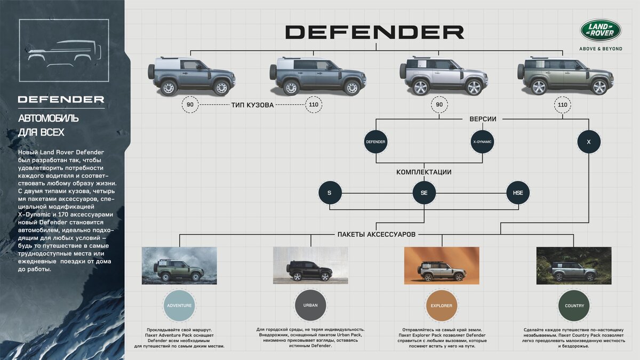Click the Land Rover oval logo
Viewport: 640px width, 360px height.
[601, 30]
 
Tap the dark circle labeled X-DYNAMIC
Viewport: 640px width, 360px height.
[482, 142]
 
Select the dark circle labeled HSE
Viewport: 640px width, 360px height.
[518, 193]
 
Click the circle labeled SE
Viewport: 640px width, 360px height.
[424, 193]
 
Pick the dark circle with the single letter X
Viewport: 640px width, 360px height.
[589, 142]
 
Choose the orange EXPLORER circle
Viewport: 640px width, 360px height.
[441, 306]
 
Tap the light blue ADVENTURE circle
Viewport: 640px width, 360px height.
[179, 306]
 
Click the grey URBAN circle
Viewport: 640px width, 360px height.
[310, 306]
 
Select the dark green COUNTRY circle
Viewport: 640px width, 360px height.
[574, 306]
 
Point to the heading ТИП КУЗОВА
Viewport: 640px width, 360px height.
[252, 105]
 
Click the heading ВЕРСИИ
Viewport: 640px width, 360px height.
[483, 119]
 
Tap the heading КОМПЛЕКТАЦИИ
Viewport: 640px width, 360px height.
[424, 172]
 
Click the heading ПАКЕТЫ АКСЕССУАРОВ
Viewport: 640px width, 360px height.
[377, 234]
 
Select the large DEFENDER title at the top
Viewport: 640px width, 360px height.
[374, 32]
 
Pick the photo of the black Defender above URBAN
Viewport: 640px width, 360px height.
[310, 265]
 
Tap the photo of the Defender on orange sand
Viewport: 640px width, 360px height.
[441, 265]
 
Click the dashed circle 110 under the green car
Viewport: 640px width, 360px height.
[562, 105]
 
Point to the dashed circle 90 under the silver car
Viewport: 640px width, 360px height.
[439, 105]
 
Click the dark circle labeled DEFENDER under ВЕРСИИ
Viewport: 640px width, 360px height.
[375, 142]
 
